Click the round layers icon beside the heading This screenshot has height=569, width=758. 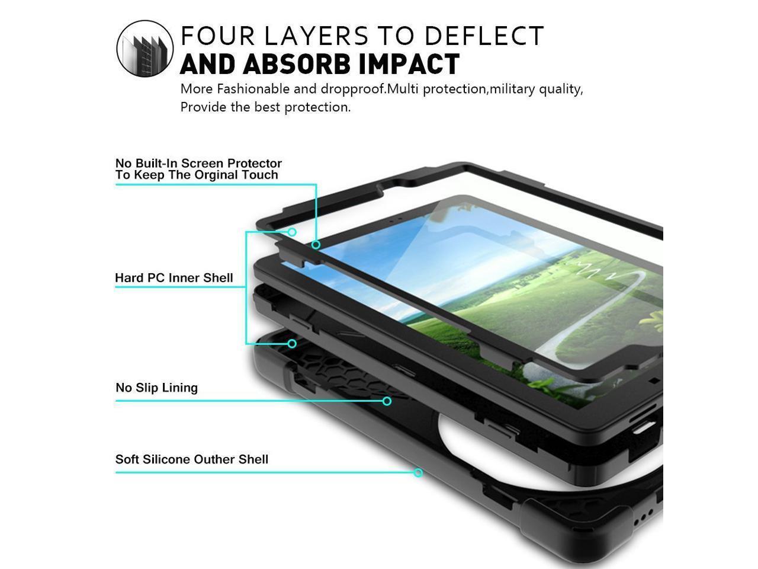pos(145,48)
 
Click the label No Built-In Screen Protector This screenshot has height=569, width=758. pos(198,163)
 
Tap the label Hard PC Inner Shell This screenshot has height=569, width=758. pos(174,277)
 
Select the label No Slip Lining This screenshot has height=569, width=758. pos(156,388)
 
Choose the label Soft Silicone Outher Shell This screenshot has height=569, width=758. pos(191,459)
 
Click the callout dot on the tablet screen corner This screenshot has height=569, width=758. pos(316,245)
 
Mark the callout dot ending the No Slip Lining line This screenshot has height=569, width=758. pos(387,401)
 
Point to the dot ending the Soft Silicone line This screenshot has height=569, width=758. pos(418,472)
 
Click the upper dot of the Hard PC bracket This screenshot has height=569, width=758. pos(292,232)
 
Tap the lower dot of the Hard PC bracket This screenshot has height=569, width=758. pos(292,344)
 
